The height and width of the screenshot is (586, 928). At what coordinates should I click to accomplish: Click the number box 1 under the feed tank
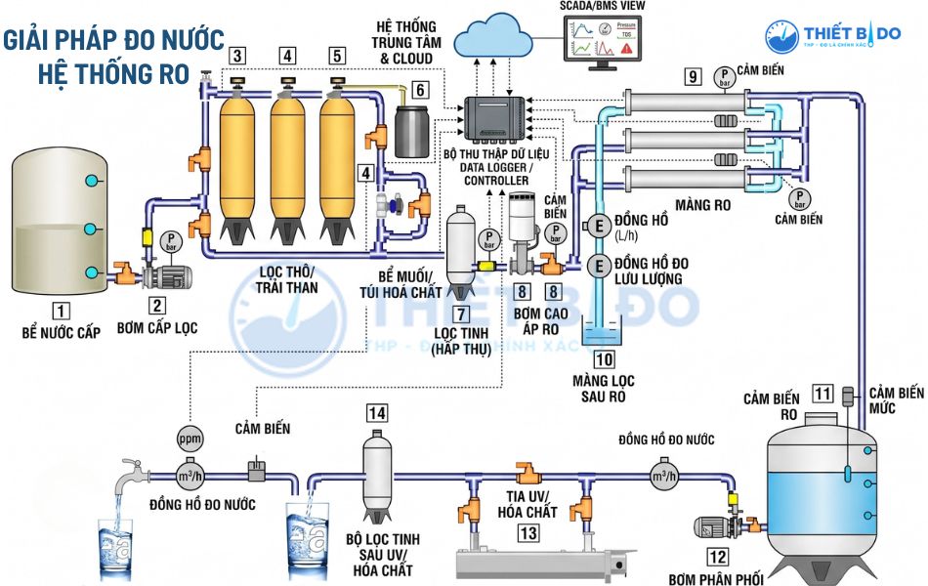click(62, 313)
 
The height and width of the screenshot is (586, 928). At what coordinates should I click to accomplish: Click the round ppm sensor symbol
click(190, 438)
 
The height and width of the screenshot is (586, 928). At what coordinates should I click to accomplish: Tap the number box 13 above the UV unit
click(528, 533)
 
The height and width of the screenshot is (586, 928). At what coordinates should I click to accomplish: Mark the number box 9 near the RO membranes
click(693, 76)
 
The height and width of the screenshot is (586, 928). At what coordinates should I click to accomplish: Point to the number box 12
click(718, 558)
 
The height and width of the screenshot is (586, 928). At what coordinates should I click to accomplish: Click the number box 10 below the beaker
click(603, 359)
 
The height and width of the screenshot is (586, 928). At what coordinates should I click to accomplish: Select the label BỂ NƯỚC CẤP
click(62, 333)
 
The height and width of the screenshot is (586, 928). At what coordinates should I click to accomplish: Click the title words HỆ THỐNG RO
click(113, 73)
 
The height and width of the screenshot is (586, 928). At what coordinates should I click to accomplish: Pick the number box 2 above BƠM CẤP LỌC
click(156, 304)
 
